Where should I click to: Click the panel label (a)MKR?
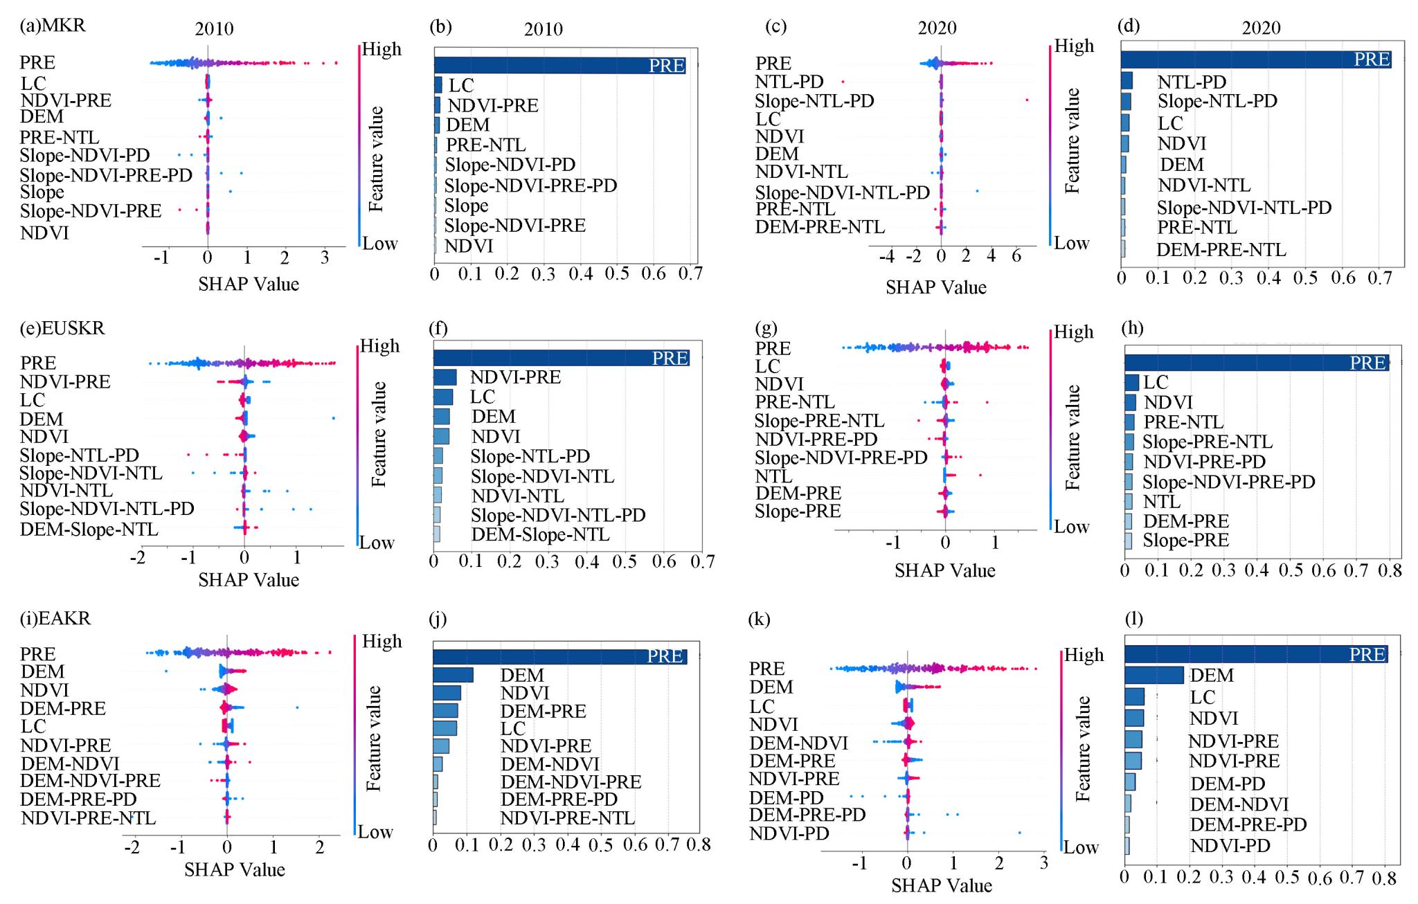point(53,26)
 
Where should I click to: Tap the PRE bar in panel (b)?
point(559,66)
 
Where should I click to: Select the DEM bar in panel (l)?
point(1154,676)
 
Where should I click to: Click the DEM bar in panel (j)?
point(453,675)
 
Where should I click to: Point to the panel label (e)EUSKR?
point(62,328)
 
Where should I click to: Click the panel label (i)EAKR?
point(55,618)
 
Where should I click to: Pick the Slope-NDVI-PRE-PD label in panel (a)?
point(106,175)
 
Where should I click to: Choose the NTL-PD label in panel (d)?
point(1192,82)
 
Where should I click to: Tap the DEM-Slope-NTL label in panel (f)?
point(540,535)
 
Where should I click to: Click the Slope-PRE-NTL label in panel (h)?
point(1207,442)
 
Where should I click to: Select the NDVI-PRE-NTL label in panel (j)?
point(567,818)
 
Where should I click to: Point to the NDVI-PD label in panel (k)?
point(789,833)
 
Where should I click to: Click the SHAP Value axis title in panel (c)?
point(935,287)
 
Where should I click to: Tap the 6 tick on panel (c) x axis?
point(1016,256)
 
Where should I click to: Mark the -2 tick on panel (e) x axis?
point(138,557)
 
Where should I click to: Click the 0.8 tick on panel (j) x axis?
point(698,845)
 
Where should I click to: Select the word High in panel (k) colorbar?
point(1084,655)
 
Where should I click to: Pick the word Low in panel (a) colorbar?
point(379,244)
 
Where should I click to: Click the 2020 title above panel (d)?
point(1261,28)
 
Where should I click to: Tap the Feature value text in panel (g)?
point(1073,437)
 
